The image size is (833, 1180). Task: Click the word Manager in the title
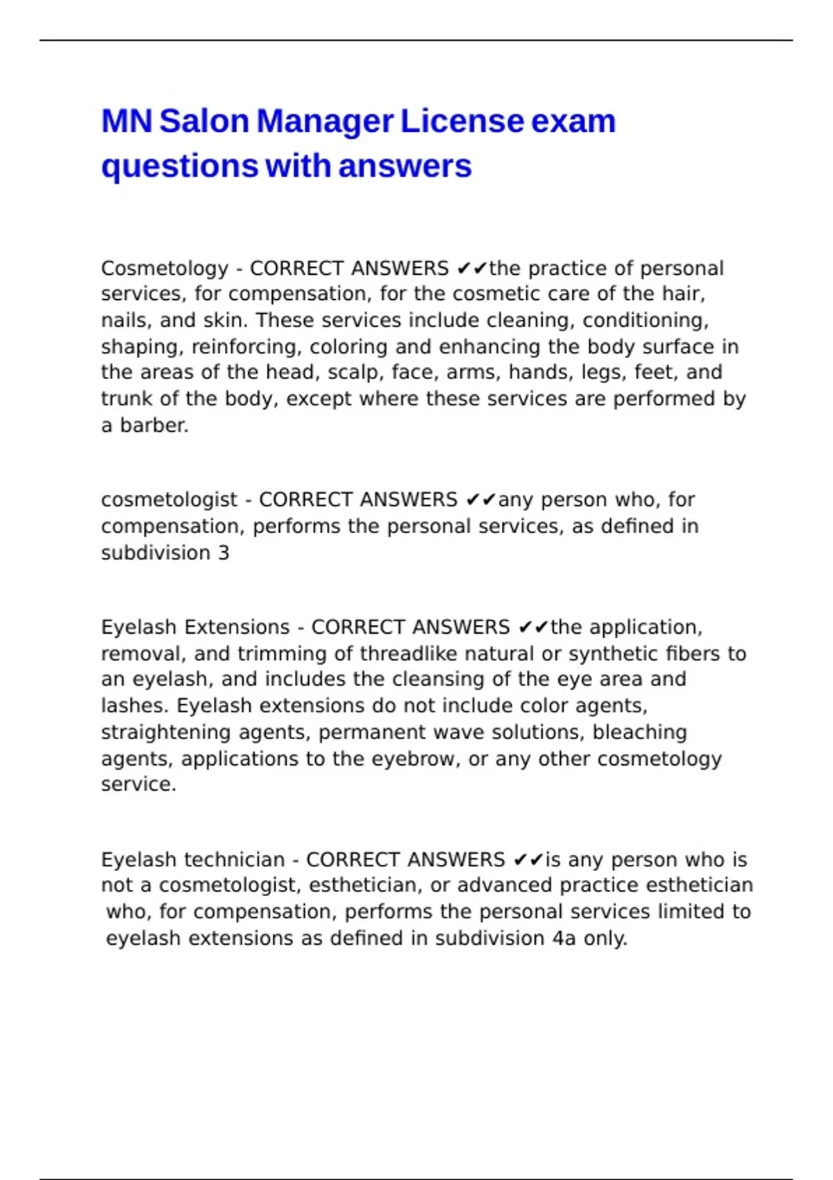coord(325,121)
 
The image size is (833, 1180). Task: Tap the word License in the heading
coord(461,121)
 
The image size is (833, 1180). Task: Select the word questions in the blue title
coord(180,167)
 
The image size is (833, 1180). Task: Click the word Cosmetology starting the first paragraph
coord(165,269)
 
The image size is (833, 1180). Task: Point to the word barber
coord(154,425)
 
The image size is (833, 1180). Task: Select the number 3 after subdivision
coord(224,553)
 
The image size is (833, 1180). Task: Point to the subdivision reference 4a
coord(564,938)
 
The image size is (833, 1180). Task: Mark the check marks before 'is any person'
coord(528,860)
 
